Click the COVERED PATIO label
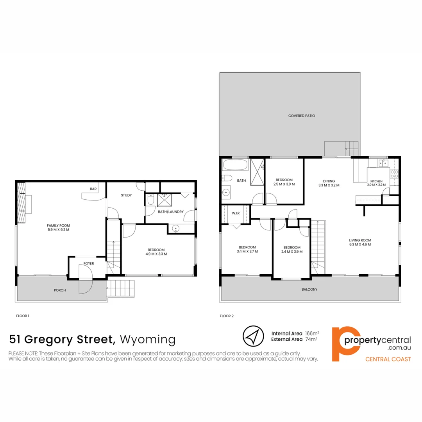pos(302,116)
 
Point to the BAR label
pos(93,189)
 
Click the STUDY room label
pos(126,195)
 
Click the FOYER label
pos(89,263)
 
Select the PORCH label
pos(60,290)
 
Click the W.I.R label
pos(236,213)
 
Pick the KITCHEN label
pos(377,181)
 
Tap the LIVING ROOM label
pos(360,240)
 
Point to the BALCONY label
pos(309,290)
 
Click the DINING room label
pos(329,181)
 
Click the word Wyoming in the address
pos(148,339)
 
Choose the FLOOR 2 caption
pos(227,316)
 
